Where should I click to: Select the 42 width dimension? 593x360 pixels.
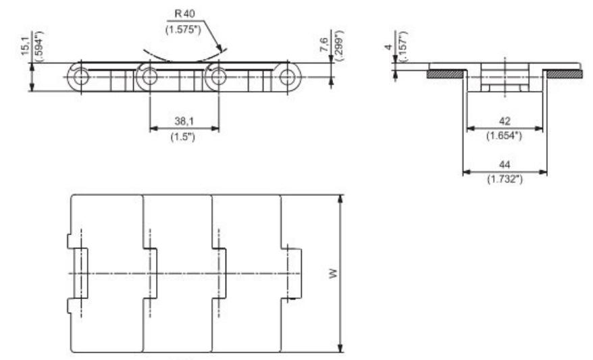504,120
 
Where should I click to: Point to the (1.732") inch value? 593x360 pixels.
504,180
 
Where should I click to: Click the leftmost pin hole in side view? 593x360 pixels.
81,77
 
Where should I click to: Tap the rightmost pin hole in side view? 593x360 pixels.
289,77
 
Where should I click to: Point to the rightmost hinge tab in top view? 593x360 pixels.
294,273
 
